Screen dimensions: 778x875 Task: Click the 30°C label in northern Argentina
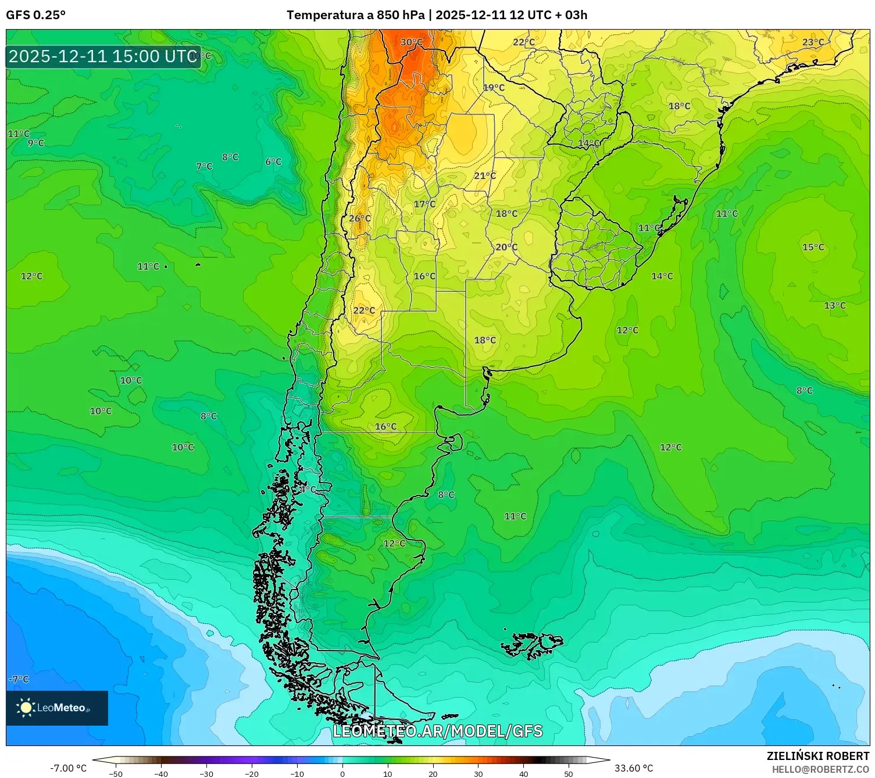click(411, 42)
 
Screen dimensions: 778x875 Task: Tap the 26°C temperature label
click(359, 219)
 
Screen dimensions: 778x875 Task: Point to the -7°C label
click(19, 679)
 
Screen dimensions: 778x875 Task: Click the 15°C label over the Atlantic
click(813, 247)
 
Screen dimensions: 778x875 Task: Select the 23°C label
click(813, 42)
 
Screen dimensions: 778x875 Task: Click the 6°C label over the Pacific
click(273, 162)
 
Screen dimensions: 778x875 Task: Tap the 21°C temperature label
click(485, 176)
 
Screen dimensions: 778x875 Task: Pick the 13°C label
click(834, 306)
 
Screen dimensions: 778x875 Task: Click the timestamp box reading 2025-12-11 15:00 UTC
click(103, 56)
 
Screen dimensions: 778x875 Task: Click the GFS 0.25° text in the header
click(35, 15)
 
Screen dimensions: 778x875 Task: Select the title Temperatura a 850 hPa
click(355, 15)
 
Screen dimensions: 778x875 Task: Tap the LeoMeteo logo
click(57, 708)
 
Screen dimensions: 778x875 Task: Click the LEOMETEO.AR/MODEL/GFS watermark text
click(437, 731)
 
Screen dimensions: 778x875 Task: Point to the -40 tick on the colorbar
click(161, 774)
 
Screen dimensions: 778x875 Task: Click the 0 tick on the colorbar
click(342, 774)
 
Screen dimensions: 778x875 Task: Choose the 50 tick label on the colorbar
click(568, 774)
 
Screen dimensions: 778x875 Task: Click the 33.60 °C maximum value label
click(634, 768)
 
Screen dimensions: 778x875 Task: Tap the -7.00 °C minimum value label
click(68, 768)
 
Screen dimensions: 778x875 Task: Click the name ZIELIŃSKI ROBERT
click(817, 756)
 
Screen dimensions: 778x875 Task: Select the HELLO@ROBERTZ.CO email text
click(820, 769)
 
